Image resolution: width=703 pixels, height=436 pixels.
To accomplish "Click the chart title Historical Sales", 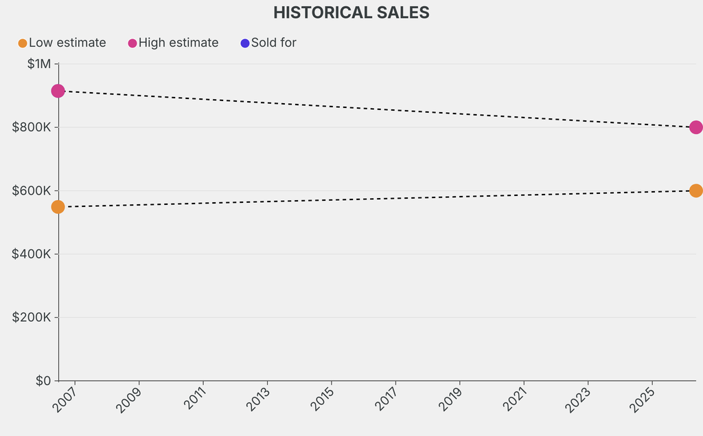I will (351, 12).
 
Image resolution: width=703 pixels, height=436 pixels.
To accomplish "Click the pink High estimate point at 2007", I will (58, 91).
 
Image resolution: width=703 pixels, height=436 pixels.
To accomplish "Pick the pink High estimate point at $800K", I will (695, 127).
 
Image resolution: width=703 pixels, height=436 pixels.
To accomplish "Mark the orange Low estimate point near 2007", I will (58, 207).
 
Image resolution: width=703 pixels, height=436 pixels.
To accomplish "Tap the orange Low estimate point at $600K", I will (695, 190).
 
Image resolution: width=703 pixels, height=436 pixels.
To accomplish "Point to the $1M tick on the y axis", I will (38, 64).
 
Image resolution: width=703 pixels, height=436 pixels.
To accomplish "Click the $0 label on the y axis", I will (43, 380).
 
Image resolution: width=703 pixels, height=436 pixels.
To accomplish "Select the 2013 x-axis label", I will (258, 400).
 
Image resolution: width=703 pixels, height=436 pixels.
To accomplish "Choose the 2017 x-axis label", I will (387, 400).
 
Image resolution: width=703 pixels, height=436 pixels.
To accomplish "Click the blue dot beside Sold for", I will (245, 43).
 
